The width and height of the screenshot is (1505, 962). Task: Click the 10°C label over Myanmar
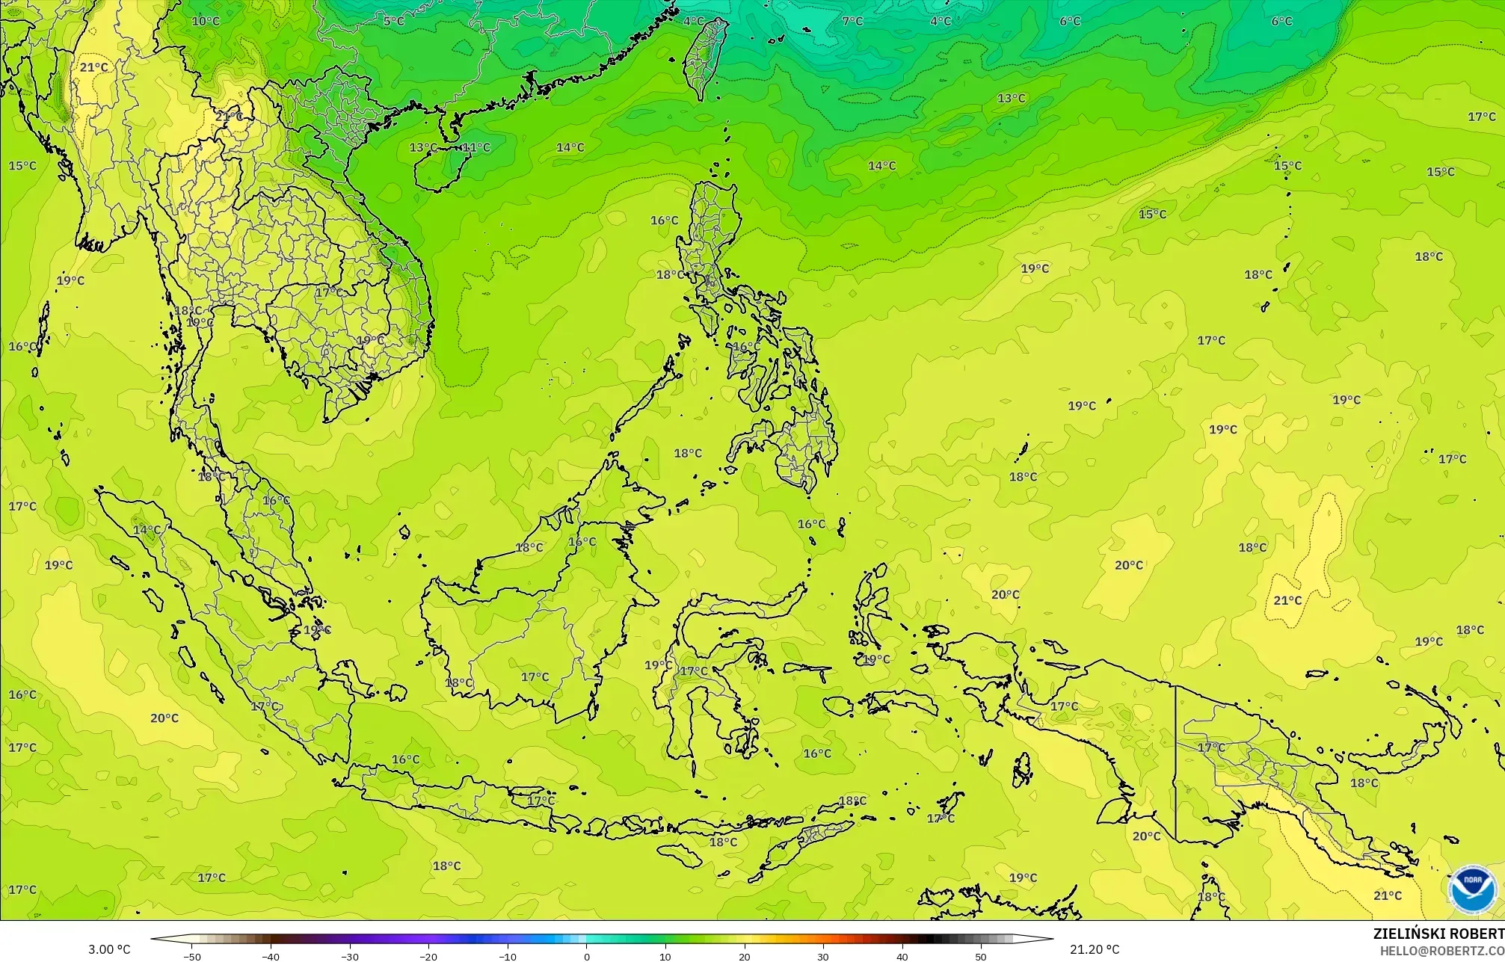tap(206, 21)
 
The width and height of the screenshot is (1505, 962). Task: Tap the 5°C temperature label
tap(394, 21)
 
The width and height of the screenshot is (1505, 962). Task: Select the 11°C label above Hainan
tap(476, 147)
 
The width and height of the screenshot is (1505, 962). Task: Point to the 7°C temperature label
tap(852, 21)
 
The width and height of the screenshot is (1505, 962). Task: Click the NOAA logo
tap(1472, 889)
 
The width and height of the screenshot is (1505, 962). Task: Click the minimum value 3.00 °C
tap(110, 949)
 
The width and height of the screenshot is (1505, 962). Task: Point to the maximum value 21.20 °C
tap(1094, 949)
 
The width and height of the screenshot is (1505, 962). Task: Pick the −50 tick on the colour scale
tap(192, 957)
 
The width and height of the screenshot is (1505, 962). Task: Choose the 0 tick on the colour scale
tap(586, 957)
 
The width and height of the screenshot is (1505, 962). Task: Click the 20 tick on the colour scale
tap(744, 957)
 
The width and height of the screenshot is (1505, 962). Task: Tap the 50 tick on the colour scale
tap(980, 957)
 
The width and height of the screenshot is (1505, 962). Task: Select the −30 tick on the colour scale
tap(350, 957)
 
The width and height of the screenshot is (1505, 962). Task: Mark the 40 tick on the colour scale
tap(902, 957)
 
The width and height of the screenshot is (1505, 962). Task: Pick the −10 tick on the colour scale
tap(508, 957)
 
